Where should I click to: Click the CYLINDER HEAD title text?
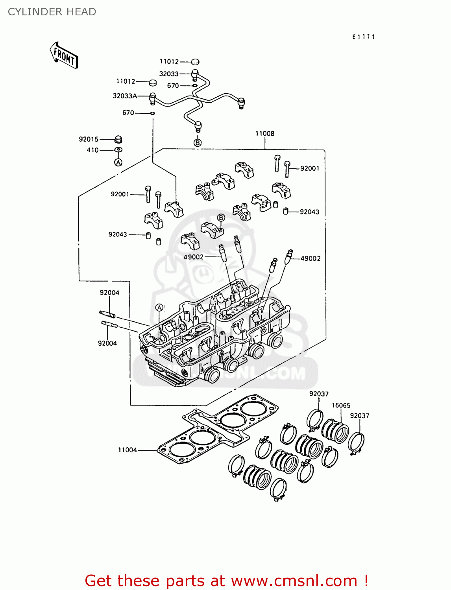click(x=52, y=12)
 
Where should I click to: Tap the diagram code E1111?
click(x=363, y=37)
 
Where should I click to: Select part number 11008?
click(x=264, y=134)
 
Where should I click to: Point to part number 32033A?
click(x=125, y=96)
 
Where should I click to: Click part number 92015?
click(x=89, y=139)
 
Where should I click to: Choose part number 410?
click(x=92, y=150)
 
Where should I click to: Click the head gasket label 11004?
click(x=127, y=450)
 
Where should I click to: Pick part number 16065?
click(x=341, y=406)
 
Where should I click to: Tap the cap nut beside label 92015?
click(x=118, y=139)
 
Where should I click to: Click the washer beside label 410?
click(x=118, y=150)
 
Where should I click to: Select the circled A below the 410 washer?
click(x=118, y=162)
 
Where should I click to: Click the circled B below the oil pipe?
click(x=198, y=143)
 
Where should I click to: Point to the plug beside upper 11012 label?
click(x=195, y=62)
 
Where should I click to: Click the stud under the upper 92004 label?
click(x=107, y=314)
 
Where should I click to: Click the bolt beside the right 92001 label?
click(x=287, y=169)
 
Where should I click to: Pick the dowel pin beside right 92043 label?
click(x=286, y=212)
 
